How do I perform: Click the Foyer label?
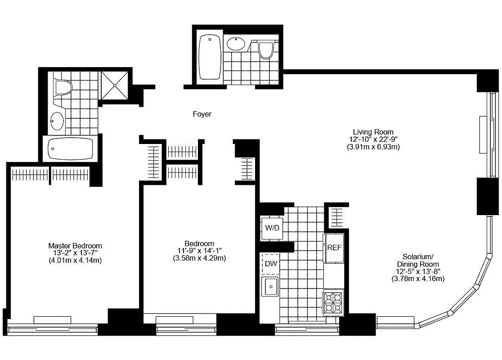pos(202,114)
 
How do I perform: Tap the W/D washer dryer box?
pos(272,228)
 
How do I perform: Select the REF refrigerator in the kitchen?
pos(334,247)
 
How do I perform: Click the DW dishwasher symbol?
pos(270,264)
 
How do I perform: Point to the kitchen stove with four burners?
pos(333,302)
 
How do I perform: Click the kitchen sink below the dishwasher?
pos(271,287)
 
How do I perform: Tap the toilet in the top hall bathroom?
pos(266,49)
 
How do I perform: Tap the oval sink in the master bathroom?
pos(57,121)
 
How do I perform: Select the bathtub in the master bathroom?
pos(70,148)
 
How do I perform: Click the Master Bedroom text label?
pos(75,246)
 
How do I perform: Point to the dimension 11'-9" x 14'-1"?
pos(199,251)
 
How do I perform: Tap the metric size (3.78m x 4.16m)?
pos(418,279)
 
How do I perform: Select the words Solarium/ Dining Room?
pos(418,261)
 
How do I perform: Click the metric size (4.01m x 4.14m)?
pos(75,260)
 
